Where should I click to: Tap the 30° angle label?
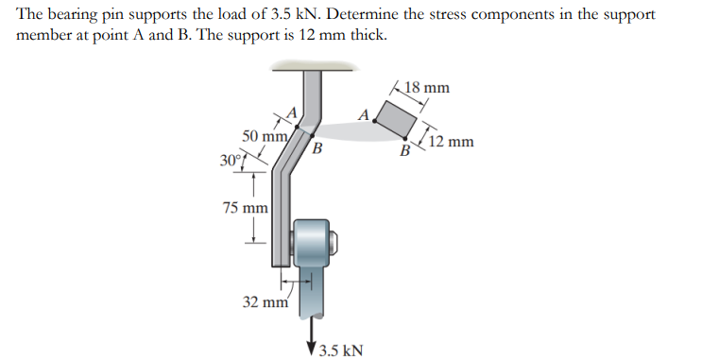[231, 158]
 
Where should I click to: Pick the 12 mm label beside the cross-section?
[451, 144]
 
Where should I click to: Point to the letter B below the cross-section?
[403, 150]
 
